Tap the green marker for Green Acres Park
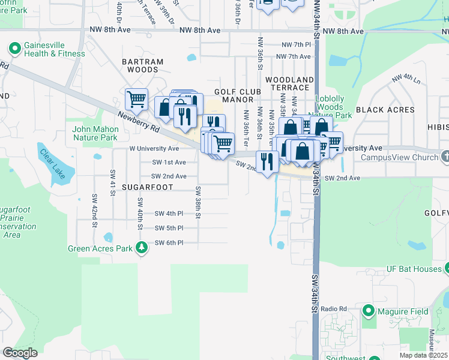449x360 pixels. [142, 247]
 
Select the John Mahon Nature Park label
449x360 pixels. [94, 133]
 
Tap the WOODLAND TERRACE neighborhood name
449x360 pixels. [289, 83]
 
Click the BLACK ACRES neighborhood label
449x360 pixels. [385, 110]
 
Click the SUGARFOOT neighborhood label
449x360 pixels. [147, 187]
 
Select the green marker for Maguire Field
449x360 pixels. [369, 311]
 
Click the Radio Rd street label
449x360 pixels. [334, 308]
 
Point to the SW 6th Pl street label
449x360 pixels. [169, 242]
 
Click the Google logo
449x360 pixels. [20, 353]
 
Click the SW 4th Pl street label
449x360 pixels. [169, 213]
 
